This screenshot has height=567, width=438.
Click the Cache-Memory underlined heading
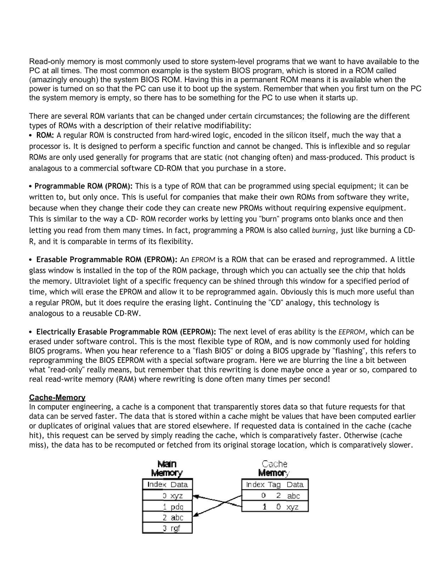pos(57,398)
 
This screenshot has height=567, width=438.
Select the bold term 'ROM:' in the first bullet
pos(45,135)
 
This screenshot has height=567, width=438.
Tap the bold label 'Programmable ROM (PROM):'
pos(84,186)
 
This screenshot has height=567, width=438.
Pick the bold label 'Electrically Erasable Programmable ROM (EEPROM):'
pos(126,332)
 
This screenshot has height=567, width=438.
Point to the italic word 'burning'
pos(323,231)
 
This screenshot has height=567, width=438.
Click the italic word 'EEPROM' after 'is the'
pos(352,332)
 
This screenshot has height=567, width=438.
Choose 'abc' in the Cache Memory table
pos(293,496)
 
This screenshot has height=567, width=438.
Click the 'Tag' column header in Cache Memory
pos(274,485)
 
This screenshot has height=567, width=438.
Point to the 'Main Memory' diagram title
pos(167,468)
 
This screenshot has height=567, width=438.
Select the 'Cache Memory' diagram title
pos(274,468)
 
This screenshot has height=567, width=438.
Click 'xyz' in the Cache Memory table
pos(292,507)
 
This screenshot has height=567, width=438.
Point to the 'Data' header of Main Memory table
pos(179,485)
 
